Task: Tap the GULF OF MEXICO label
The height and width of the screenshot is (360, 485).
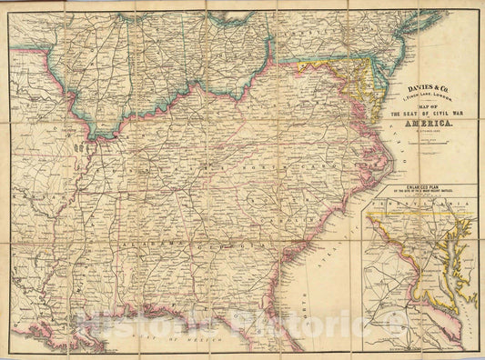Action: pos(164,335)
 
